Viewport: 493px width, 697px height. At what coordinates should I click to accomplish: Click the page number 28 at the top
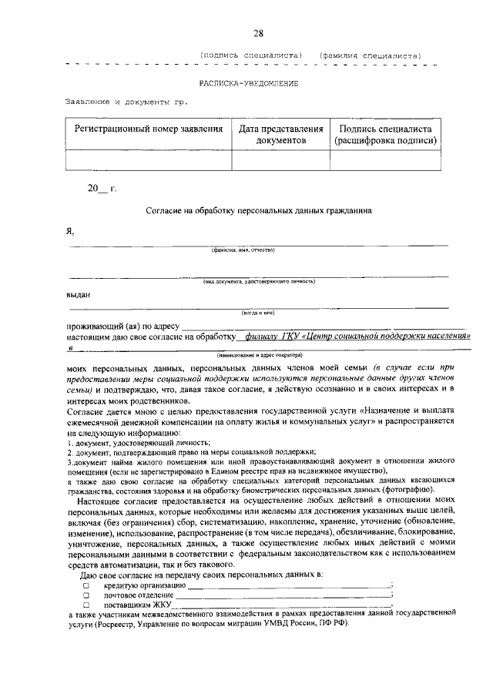258,32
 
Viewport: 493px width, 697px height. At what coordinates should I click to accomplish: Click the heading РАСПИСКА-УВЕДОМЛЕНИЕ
248,82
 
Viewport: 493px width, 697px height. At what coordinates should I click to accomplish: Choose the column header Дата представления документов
281,135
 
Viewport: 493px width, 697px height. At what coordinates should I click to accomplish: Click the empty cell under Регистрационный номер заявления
149,159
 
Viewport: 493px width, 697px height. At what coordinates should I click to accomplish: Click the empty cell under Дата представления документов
281,159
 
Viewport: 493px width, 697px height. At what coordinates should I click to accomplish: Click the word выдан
78,293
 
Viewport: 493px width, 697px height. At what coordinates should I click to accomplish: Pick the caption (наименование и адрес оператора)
260,355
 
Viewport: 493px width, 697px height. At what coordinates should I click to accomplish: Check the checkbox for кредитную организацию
86,586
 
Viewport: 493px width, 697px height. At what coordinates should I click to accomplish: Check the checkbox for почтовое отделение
86,595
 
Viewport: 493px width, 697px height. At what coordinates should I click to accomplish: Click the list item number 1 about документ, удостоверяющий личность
139,443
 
